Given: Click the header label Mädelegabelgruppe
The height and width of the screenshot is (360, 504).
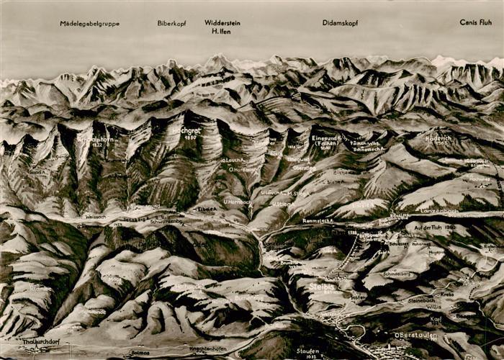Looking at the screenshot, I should pos(90,24).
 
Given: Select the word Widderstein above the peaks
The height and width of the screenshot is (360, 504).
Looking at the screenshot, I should pos(222,23).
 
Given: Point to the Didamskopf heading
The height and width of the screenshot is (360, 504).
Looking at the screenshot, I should pos(341,23).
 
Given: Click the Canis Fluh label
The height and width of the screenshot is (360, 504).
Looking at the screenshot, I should pos(475,22).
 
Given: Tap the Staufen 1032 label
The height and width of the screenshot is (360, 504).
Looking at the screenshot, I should pos(309,351).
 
